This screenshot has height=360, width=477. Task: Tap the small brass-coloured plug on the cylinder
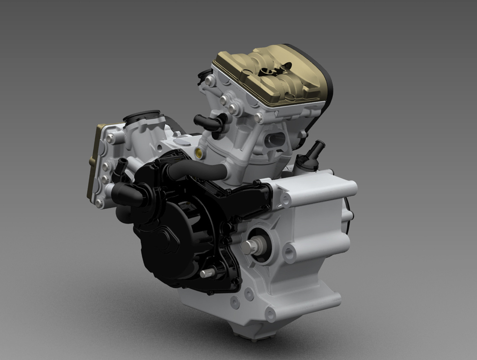pos(198,153)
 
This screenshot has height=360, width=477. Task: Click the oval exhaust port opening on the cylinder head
pos(275,140)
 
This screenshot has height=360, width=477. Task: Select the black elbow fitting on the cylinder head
pos(210,123)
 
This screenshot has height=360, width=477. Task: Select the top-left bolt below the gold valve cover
pos(209,82)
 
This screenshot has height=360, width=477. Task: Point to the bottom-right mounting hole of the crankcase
pos(270,314)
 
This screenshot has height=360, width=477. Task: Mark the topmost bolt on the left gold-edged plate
pos(111,138)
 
